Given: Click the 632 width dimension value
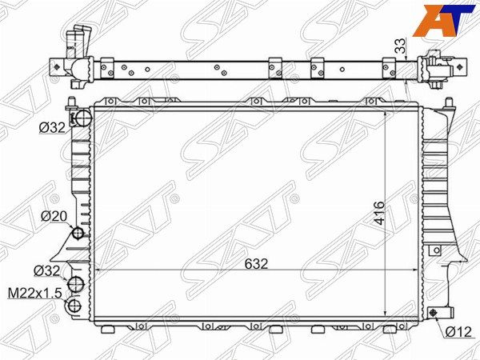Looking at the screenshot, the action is (x=256, y=263).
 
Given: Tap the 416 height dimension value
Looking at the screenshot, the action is (x=379, y=213).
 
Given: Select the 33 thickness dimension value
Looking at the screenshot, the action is (x=401, y=46).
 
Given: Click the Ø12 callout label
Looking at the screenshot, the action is (x=458, y=331).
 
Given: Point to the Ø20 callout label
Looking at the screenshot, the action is (x=54, y=217).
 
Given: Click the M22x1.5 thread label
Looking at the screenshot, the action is (x=35, y=293).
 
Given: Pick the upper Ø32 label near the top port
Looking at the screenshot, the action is (x=52, y=128).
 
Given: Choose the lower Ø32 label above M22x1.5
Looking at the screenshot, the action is (x=47, y=270).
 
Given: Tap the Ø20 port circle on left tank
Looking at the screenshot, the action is (x=78, y=234).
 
